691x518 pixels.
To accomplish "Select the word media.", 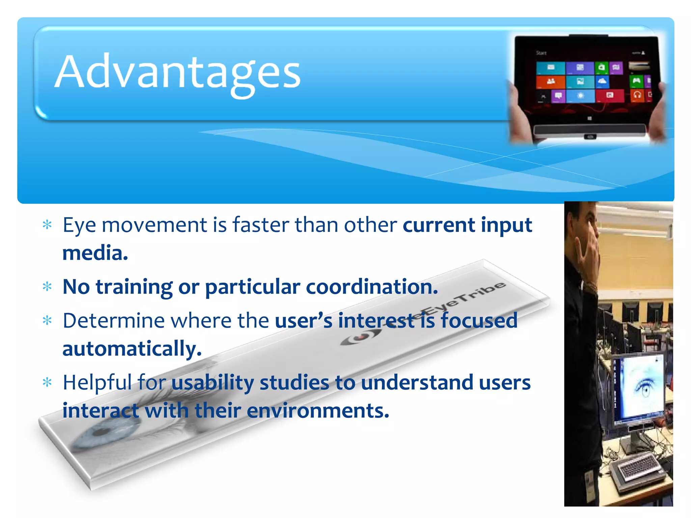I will (x=95, y=253).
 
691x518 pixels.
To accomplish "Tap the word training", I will (x=134, y=287).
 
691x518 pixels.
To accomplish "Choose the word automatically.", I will (x=132, y=349).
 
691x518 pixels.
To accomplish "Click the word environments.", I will (x=318, y=411).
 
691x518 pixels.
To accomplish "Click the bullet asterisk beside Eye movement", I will (x=47, y=225).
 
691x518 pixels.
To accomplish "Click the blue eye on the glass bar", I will (x=101, y=435).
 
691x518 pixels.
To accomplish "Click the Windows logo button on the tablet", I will (x=589, y=118).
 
